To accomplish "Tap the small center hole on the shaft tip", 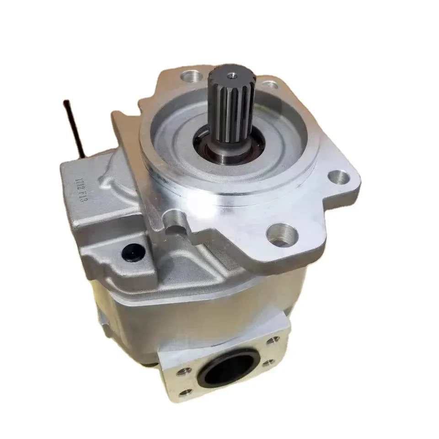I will tap(229, 72).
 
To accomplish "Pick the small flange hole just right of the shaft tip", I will tap(270, 84).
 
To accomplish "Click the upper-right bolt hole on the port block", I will tap(274, 340).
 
